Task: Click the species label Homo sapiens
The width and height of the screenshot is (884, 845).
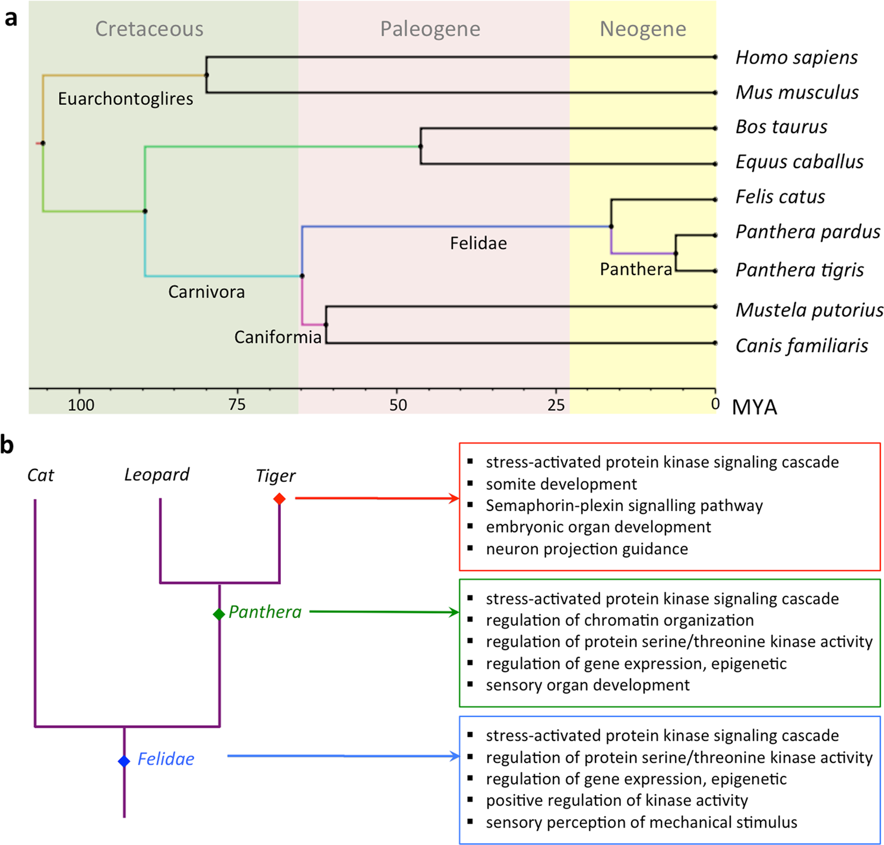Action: click(x=796, y=58)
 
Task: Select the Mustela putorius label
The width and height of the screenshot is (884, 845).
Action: click(x=809, y=310)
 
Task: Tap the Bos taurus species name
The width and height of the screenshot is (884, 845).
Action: click(x=781, y=127)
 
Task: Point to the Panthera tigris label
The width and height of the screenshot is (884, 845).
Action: click(x=799, y=270)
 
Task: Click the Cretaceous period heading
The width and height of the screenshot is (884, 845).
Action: click(x=149, y=29)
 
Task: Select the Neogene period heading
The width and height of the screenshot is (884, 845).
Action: click(x=642, y=29)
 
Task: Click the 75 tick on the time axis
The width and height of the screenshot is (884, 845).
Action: click(x=237, y=405)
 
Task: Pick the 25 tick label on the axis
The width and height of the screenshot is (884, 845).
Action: click(x=556, y=405)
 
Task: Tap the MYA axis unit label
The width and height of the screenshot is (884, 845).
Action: click(x=754, y=408)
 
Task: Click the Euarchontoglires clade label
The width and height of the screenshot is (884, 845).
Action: click(x=125, y=99)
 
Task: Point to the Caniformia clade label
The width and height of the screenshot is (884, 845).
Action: click(x=277, y=338)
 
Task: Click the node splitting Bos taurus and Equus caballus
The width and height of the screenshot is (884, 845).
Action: click(x=421, y=146)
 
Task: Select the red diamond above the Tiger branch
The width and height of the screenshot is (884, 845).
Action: click(x=280, y=499)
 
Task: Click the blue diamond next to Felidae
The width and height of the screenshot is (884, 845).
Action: click(x=124, y=761)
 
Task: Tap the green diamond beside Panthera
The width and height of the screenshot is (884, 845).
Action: click(x=219, y=614)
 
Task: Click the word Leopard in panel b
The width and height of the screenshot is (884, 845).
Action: click(x=157, y=475)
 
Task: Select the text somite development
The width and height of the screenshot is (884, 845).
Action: click(x=561, y=484)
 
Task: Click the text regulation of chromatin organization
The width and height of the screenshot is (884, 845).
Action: click(x=619, y=620)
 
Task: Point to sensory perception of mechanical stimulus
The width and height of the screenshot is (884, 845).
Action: click(x=641, y=822)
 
